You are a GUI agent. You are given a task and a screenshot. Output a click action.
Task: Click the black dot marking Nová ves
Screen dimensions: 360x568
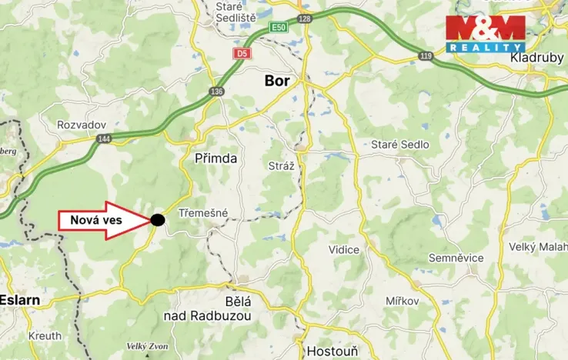point(157,219)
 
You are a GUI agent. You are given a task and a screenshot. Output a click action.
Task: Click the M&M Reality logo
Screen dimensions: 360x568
point(485,33)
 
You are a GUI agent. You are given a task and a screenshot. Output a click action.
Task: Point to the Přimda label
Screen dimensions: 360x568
point(216,158)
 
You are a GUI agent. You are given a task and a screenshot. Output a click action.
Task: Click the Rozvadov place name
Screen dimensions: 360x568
point(82,125)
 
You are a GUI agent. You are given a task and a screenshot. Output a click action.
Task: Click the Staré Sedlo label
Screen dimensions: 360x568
point(400,144)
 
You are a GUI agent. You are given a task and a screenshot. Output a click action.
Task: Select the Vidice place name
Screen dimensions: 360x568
point(344,250)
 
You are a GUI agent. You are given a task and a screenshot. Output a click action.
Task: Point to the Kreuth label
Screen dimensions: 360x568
point(45,336)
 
